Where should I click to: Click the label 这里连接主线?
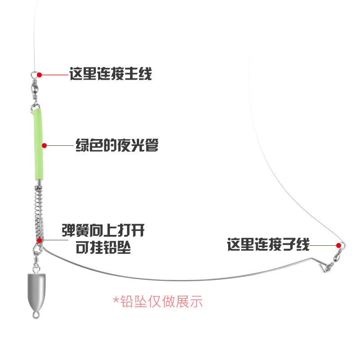click(x=111, y=74)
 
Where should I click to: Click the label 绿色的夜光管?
click(x=117, y=146)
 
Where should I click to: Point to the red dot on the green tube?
click(x=44, y=145)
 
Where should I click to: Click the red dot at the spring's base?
click(x=40, y=240)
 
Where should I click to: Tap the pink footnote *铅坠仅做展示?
click(x=157, y=301)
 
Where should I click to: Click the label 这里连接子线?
click(x=268, y=246)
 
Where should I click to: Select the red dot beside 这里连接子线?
click(x=338, y=245)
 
